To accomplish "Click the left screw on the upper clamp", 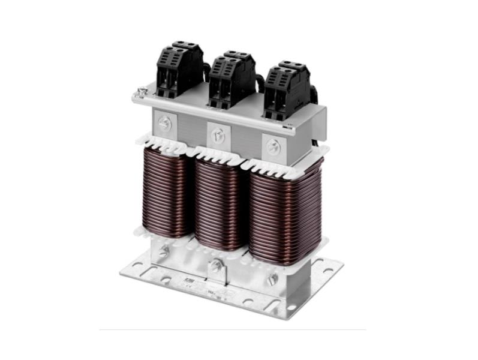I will pos(166,123).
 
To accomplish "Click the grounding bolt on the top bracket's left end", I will pos(142,92).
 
